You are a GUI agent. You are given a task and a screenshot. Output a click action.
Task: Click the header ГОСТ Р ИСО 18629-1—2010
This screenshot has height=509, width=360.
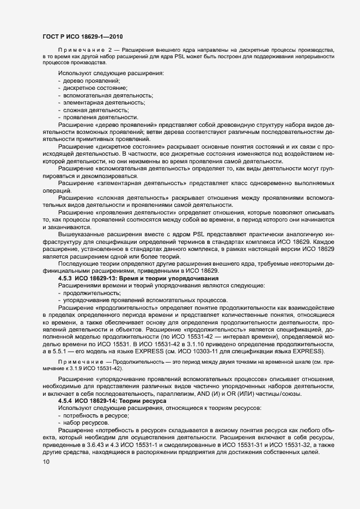coord(82,36)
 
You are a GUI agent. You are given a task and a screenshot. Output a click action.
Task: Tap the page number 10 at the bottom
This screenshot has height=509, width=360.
coord(46,462)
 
